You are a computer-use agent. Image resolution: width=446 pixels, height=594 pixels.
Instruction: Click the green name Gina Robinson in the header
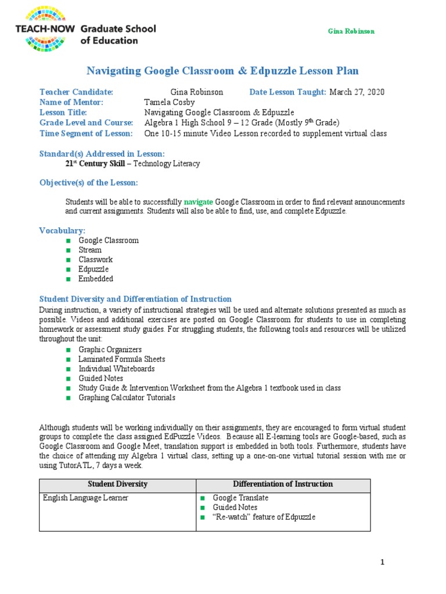(351, 31)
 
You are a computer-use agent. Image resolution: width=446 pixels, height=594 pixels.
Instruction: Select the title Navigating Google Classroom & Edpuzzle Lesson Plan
(222, 71)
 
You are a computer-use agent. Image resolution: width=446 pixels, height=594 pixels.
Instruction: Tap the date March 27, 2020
(357, 92)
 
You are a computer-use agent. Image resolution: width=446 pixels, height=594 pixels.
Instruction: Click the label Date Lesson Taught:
(288, 92)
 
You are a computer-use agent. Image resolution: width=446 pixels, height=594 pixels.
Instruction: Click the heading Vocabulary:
(62, 230)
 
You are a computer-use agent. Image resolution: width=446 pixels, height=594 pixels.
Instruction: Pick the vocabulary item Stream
(90, 250)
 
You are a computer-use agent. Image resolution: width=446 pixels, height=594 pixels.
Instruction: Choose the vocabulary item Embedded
(96, 279)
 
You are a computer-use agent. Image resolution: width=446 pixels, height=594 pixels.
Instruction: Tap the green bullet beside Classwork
(68, 260)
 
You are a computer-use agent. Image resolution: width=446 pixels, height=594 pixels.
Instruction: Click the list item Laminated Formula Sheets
(122, 359)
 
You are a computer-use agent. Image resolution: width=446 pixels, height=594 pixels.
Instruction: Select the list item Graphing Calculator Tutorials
(127, 398)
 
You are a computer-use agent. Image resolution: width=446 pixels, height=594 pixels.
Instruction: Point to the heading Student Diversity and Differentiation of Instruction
(135, 299)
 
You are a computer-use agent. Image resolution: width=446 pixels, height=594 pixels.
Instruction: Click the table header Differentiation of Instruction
(283, 484)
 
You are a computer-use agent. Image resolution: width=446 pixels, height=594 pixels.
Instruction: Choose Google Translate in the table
(240, 498)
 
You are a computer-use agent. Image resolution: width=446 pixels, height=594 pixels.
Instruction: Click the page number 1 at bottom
(383, 562)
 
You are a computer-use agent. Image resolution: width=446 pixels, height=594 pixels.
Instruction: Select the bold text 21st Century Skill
(93, 164)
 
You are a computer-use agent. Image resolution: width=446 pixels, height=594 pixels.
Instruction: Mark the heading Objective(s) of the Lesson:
(89, 183)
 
